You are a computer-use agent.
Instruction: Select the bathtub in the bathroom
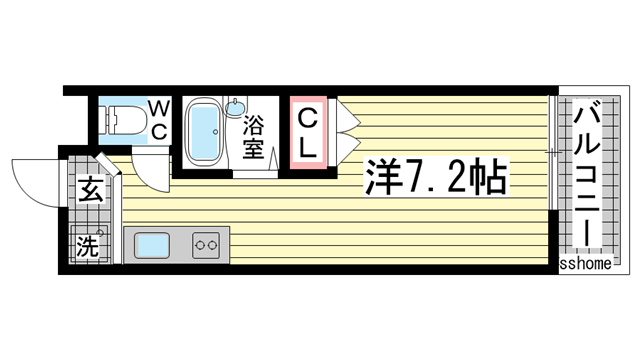click(206, 132)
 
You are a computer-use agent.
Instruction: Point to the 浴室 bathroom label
click(254, 138)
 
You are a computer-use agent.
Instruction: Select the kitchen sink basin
click(153, 243)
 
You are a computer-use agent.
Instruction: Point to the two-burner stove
click(206, 243)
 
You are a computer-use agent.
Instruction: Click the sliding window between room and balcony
click(553, 180)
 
